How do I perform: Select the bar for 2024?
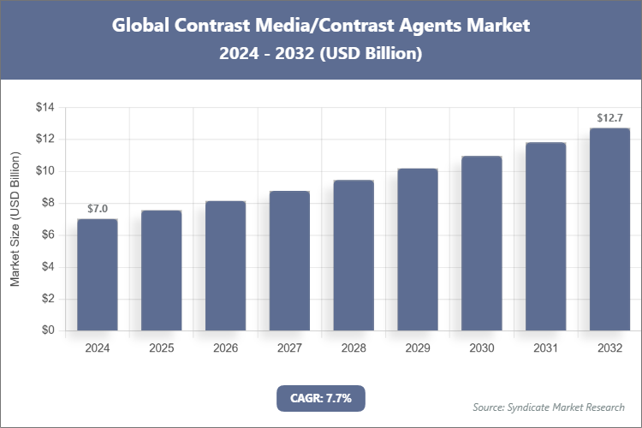97,275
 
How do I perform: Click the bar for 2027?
289,261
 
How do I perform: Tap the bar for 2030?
481,244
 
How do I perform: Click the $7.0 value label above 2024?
97,209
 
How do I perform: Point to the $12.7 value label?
609,117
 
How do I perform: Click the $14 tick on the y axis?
45,107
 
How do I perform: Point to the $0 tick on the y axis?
48,330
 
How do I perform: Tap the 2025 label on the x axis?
161,348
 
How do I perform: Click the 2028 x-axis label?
354,348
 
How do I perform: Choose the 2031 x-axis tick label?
545,348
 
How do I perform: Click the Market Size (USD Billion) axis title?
15,219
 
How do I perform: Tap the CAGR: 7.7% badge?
321,397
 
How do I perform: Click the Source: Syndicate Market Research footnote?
549,407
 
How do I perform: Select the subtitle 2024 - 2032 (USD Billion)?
321,53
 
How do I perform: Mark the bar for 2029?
417,249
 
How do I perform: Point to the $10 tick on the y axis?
45,171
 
